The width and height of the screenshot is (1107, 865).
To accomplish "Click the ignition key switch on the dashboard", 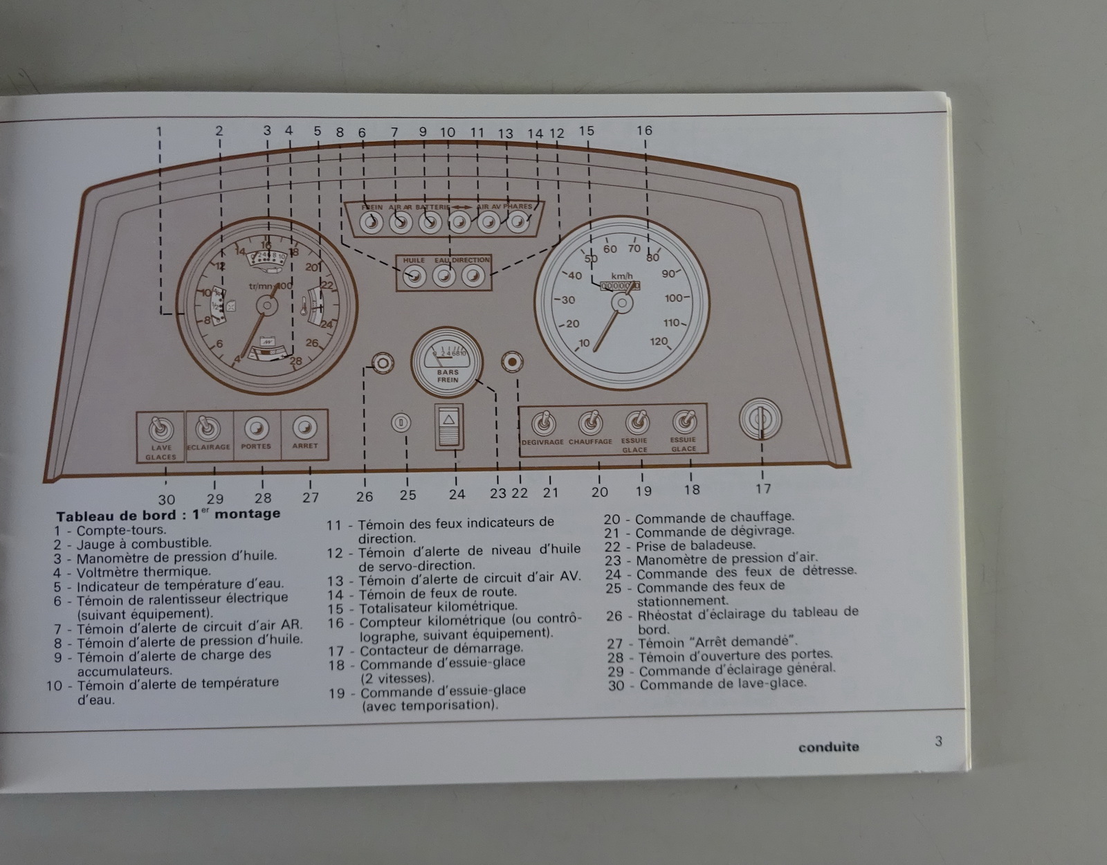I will coord(760,419).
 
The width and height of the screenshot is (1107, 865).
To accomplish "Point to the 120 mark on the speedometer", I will coord(659,341).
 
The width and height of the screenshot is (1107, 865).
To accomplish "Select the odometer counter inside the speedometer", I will coord(620,285).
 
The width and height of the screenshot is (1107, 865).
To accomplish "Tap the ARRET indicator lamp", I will coord(304,427).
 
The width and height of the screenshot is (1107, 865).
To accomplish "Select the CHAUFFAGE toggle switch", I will coord(590,422).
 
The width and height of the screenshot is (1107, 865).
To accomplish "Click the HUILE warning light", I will coord(414,277).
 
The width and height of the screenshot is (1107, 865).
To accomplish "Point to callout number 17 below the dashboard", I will coord(762,489).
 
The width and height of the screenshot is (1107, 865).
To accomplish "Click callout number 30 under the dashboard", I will coord(167,499).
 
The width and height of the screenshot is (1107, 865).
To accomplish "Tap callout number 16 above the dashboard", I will coord(644,130).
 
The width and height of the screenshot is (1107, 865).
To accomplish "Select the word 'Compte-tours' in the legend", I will coord(121,531).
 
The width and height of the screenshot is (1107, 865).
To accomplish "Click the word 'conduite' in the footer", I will coord(828,747).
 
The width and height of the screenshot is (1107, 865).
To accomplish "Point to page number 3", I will coord(938,741).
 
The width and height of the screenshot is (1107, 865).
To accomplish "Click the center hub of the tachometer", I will coord(266,305).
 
